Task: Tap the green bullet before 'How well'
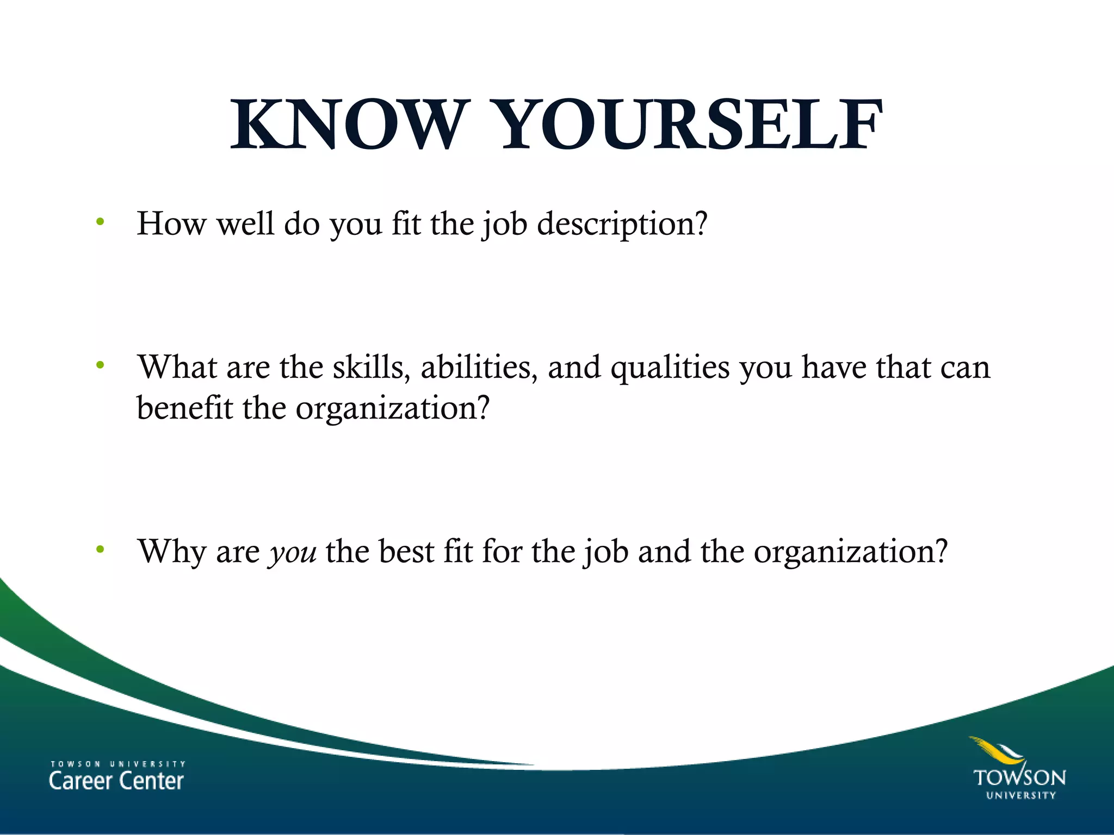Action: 100,222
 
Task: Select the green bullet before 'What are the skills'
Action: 100,365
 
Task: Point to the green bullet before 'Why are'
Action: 100,550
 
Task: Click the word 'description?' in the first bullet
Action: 622,224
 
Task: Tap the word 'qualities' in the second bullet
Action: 670,369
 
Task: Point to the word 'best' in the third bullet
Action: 406,551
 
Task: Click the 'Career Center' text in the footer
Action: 116,781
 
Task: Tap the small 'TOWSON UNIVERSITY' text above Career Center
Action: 118,764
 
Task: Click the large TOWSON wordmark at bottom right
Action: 1019,778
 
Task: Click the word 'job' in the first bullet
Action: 504,224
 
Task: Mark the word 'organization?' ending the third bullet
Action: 850,552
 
